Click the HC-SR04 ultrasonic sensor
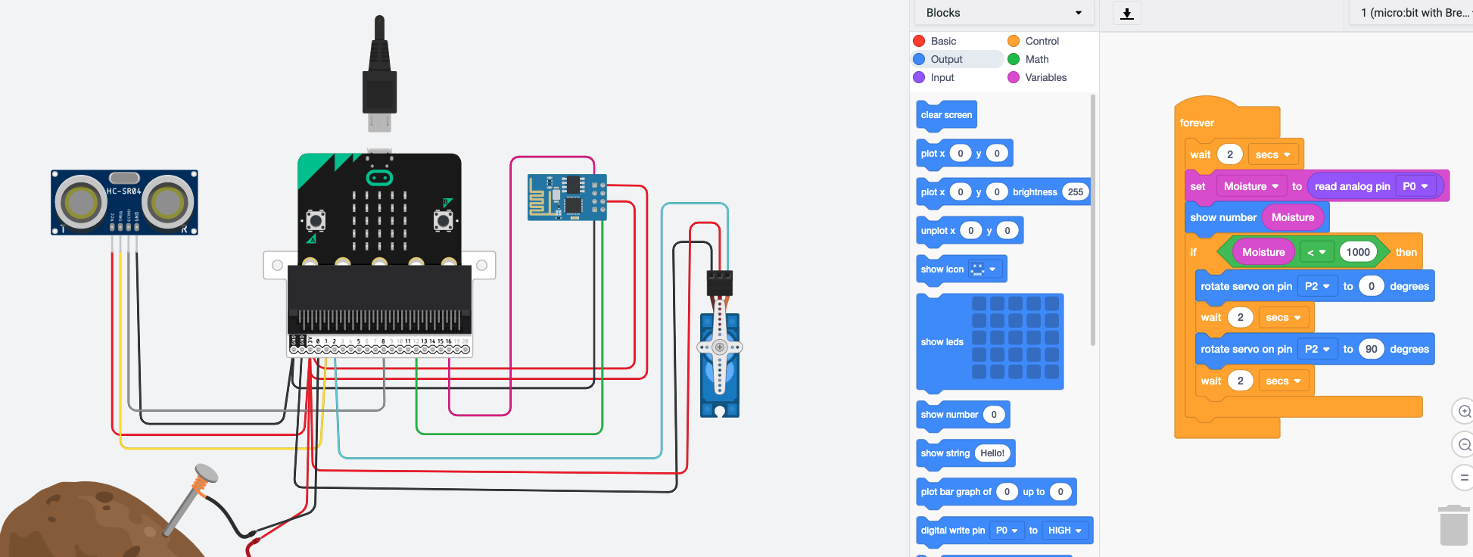(x=124, y=203)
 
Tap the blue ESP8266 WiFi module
(x=567, y=197)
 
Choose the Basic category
(x=943, y=41)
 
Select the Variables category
(x=1045, y=77)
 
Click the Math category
(x=1036, y=59)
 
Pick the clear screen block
(x=946, y=115)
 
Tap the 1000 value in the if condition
(x=1358, y=252)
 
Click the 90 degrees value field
(x=1371, y=349)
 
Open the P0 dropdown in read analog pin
(x=1415, y=186)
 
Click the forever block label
(x=1197, y=123)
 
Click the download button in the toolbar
(x=1127, y=14)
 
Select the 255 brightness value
(x=1075, y=192)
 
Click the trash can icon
(x=1453, y=525)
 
